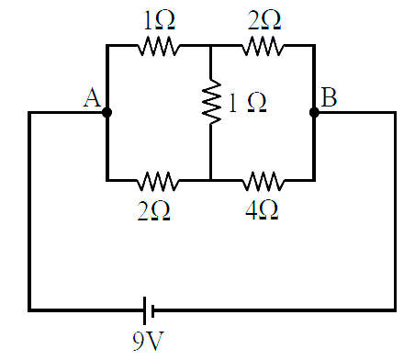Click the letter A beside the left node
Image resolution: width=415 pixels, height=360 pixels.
(x=92, y=97)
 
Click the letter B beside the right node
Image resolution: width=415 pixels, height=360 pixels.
(x=329, y=97)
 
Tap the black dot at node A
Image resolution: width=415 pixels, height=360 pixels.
(x=107, y=113)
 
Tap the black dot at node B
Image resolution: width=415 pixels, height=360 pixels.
(x=314, y=113)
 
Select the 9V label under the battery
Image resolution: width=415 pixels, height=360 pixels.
(x=148, y=341)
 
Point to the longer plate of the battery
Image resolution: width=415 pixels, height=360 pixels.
(x=145, y=310)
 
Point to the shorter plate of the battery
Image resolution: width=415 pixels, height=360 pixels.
(x=153, y=310)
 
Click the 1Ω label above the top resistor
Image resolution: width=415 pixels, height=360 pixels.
(x=159, y=20)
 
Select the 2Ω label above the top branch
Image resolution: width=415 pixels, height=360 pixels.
(x=264, y=20)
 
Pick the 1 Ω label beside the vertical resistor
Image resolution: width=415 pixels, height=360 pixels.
(x=247, y=103)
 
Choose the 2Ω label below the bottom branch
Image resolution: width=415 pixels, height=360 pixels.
(x=153, y=211)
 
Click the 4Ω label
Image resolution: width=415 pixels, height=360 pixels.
(x=262, y=211)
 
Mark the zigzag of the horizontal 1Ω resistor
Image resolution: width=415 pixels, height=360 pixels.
(x=159, y=46)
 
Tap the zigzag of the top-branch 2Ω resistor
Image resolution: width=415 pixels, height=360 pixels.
(x=263, y=46)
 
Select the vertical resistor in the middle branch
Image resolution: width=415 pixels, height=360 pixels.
(x=211, y=102)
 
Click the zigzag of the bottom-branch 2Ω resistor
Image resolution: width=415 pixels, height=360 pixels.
(x=158, y=181)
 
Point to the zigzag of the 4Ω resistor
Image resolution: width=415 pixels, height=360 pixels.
(x=264, y=181)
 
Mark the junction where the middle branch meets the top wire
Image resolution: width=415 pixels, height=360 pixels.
(x=210, y=46)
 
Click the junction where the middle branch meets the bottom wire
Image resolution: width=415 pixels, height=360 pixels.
(x=210, y=180)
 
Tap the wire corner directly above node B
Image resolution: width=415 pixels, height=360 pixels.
(x=314, y=46)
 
